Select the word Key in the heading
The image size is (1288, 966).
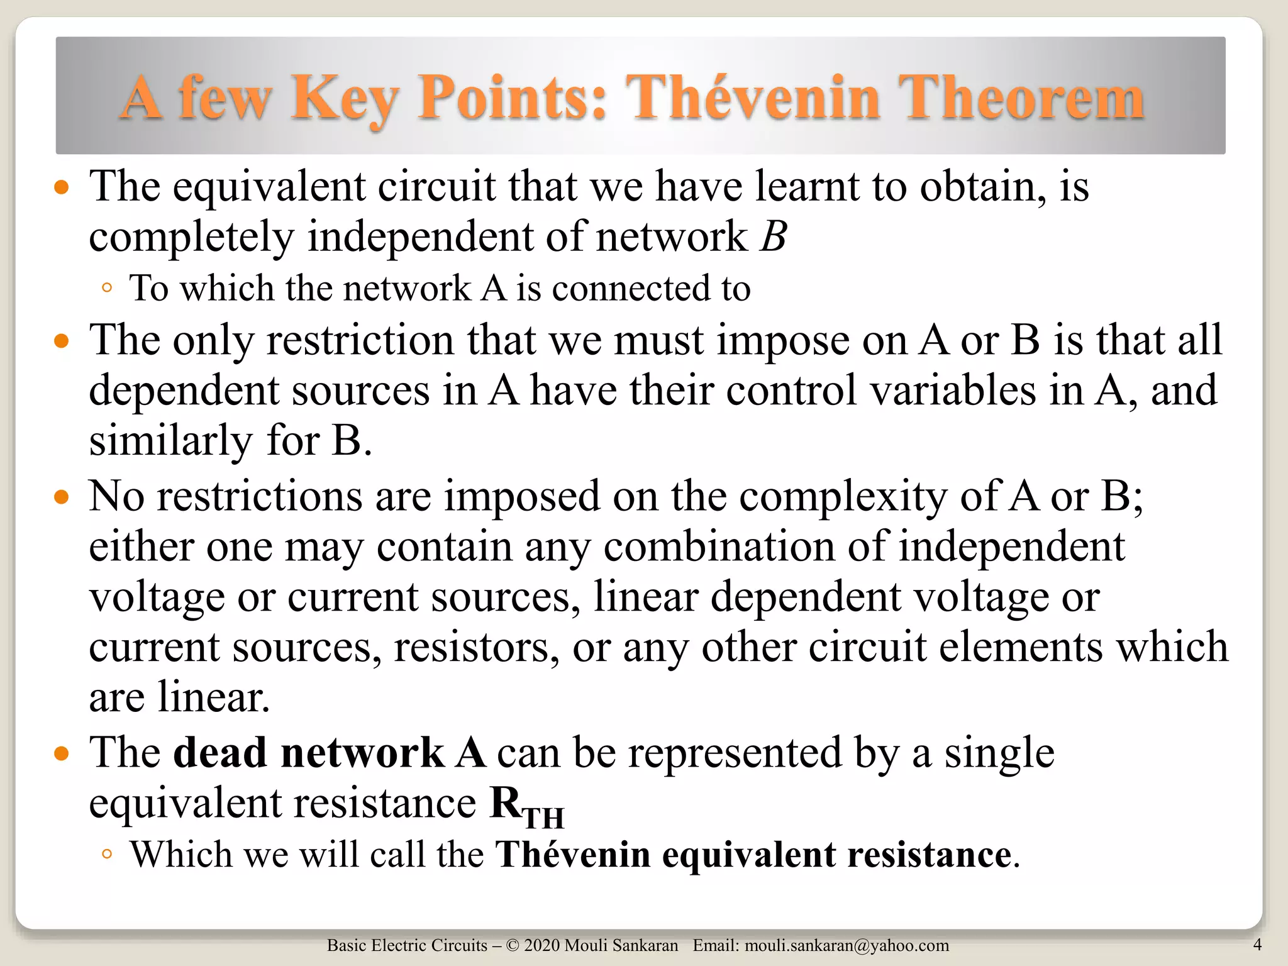tap(345, 99)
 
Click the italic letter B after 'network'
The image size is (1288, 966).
tap(774, 237)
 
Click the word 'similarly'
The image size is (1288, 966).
tap(170, 441)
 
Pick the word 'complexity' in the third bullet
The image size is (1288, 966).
tap(843, 497)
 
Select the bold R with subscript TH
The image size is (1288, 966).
tap(526, 806)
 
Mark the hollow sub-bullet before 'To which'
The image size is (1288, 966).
tap(106, 289)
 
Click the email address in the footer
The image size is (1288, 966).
tap(847, 945)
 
